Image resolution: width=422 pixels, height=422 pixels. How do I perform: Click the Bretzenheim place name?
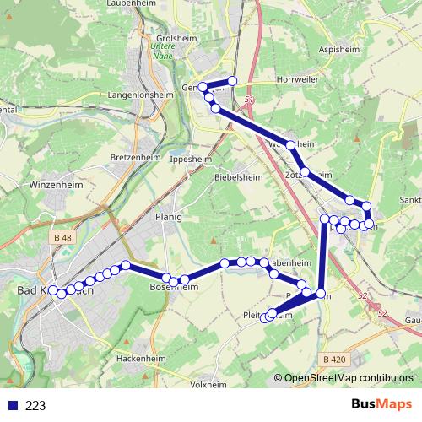pyautogui.click(x=135, y=157)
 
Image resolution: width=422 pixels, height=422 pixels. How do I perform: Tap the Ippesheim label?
pyautogui.click(x=190, y=159)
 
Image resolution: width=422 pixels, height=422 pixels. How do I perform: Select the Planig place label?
pyautogui.click(x=169, y=216)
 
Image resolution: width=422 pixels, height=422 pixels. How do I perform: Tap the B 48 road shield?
pyautogui.click(x=62, y=239)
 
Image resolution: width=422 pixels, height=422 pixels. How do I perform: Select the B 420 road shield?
pyautogui.click(x=334, y=360)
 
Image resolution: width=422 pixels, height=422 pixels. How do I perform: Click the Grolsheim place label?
pyautogui.click(x=165, y=39)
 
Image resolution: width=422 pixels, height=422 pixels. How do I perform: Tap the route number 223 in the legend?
pyautogui.click(x=35, y=406)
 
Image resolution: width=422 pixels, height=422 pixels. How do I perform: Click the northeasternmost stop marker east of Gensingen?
pyautogui.click(x=232, y=80)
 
